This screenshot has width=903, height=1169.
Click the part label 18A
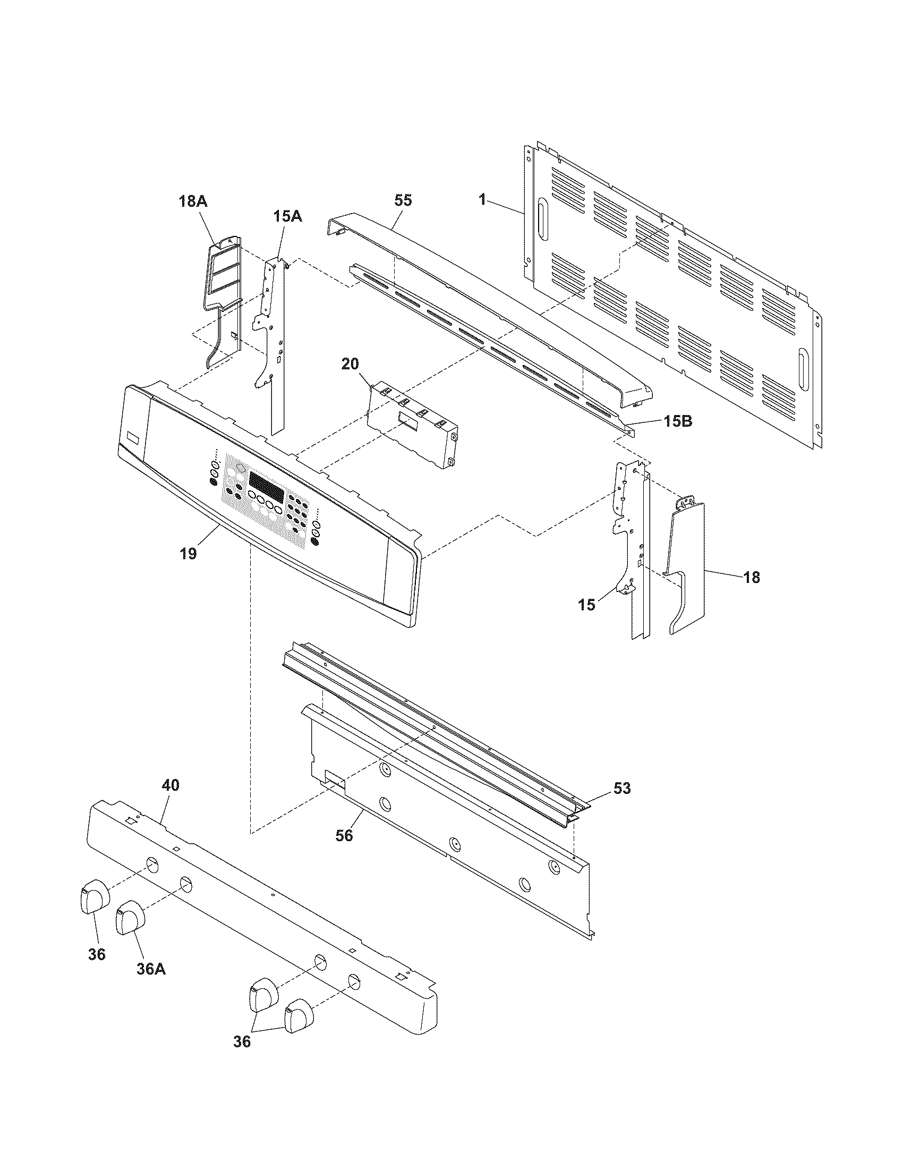point(193,202)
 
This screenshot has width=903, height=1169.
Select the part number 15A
point(288,216)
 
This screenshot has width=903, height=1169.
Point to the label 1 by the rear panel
point(482,200)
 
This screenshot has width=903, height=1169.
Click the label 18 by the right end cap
point(752,578)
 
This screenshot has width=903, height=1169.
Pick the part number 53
point(621,789)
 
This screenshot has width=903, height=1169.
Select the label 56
point(344,835)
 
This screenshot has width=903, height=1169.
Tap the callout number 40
point(171,786)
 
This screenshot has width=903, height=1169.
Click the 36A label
point(151,969)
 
